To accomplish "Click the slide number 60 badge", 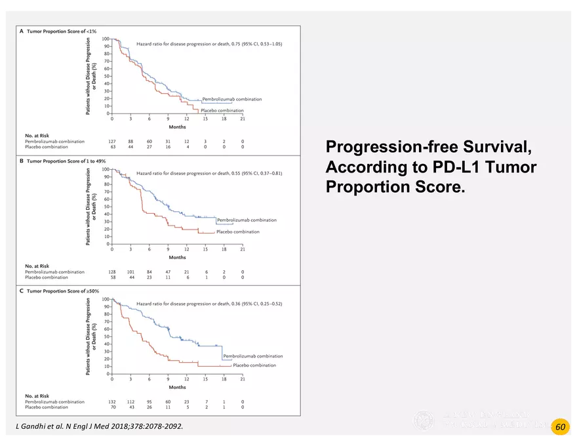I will (560, 427).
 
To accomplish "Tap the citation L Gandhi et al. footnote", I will (99, 427).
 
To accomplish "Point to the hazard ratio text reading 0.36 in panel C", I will (209, 304).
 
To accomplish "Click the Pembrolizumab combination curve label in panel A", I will (231, 99).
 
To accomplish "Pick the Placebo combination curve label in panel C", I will (254, 365).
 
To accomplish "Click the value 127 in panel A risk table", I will (112, 142).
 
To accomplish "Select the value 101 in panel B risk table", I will (130, 272).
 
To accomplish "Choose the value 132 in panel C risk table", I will (112, 402).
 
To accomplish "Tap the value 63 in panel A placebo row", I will (112, 147).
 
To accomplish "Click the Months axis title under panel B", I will (177, 257).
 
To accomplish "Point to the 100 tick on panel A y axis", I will (106, 39).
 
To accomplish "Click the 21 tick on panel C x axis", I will (243, 379).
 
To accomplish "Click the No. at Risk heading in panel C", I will (37, 396).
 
